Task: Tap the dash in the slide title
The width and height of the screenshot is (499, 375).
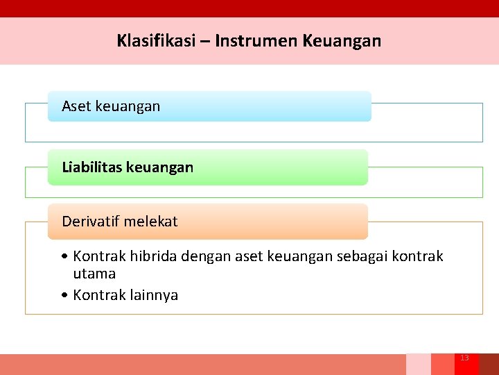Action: pos(206,41)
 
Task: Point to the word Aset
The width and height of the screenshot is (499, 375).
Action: pos(76,106)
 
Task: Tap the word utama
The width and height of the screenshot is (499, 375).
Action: pos(94,274)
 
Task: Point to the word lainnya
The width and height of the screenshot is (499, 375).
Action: pos(154,295)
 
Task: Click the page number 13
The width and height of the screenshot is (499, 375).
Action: pos(464,358)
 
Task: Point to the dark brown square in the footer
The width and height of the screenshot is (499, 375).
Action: pos(489,365)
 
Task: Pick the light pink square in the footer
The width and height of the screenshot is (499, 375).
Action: pos(418,365)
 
